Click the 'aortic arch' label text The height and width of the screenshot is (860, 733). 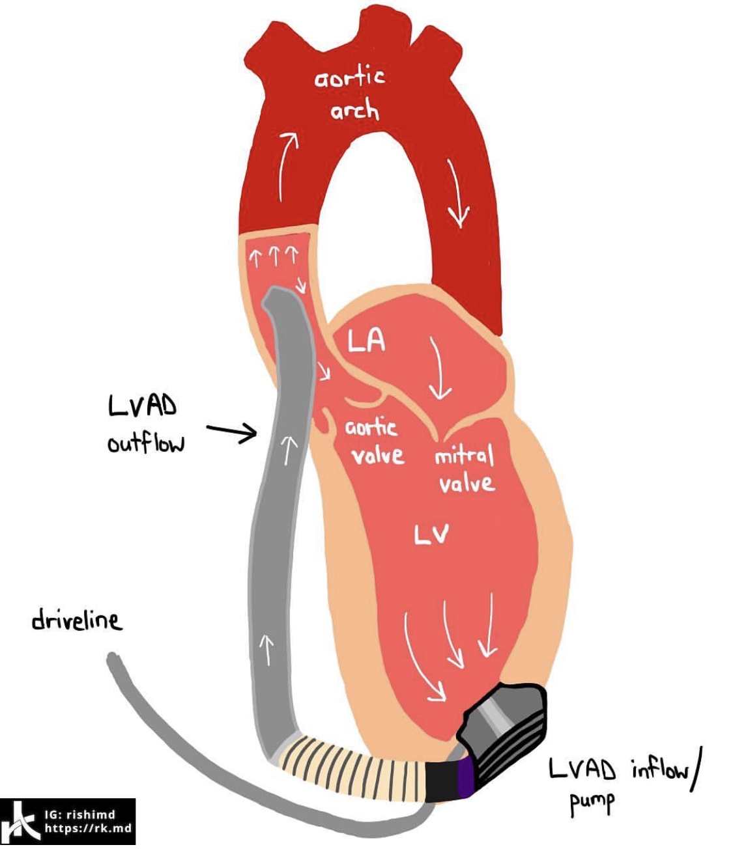click(x=350, y=95)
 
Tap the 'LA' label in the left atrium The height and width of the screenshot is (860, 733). click(x=366, y=340)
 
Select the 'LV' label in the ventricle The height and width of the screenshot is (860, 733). click(x=431, y=534)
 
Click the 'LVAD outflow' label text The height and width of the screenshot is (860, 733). click(x=145, y=424)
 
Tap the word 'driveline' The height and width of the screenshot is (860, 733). click(x=76, y=619)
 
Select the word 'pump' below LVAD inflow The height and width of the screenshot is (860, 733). click(x=592, y=803)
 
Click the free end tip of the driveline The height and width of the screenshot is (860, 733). click(x=113, y=658)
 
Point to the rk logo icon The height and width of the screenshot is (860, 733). click(x=20, y=822)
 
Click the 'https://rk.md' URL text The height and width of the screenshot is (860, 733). click(x=88, y=829)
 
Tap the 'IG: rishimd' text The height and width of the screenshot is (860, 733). click(x=79, y=814)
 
